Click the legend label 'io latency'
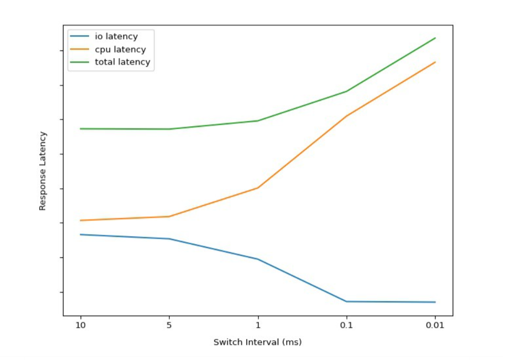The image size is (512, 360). pos(116,37)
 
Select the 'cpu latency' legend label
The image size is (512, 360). pos(120,50)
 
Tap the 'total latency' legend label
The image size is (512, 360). pos(122,62)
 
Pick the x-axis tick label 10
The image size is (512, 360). pos(80,325)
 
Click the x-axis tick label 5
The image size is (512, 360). pos(169,325)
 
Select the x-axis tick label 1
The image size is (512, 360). pos(257,325)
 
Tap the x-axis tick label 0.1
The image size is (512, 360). pos(346,325)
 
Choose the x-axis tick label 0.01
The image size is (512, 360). pos(435,325)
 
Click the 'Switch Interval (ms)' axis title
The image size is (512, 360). pos(257,343)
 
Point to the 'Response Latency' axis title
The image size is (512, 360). pos(43,171)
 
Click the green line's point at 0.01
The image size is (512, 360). pos(435,38)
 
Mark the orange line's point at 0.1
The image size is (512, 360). pos(346,116)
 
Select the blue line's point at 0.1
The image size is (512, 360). pos(346,301)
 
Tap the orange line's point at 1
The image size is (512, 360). pos(257,188)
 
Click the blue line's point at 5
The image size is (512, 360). pos(169,239)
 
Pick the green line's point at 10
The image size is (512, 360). pos(80,129)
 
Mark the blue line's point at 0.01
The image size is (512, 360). pos(435,302)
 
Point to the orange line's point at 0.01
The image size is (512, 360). pos(435,62)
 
